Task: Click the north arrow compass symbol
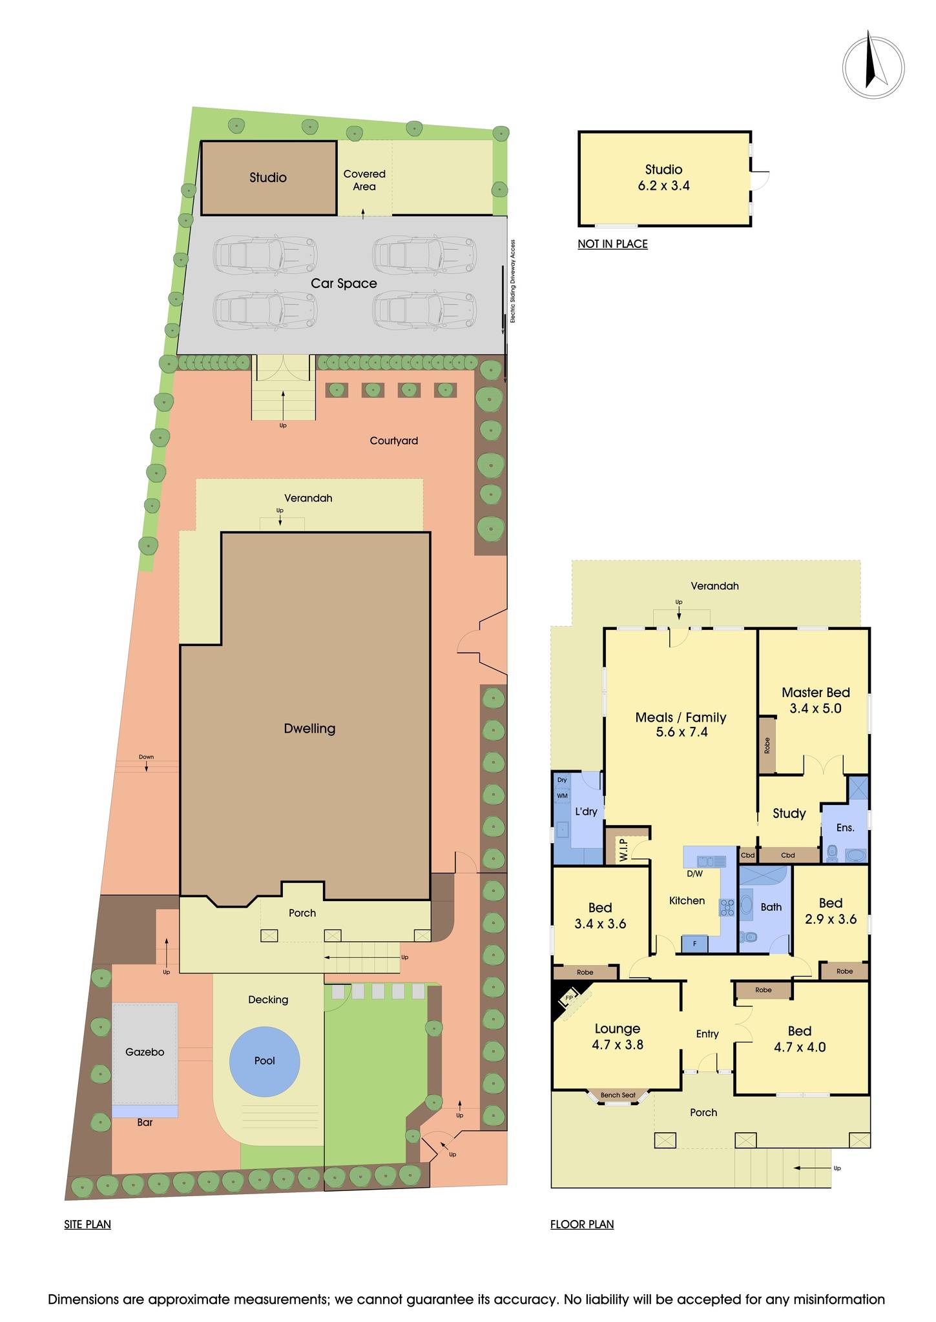pyautogui.click(x=873, y=67)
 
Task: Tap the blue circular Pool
pyautogui.click(x=265, y=1061)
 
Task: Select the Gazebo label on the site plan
pyautogui.click(x=145, y=1052)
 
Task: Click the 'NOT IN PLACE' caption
pyautogui.click(x=612, y=244)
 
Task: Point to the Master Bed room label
pyautogui.click(x=815, y=693)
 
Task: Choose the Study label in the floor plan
pyautogui.click(x=789, y=813)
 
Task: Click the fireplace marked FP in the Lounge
pyautogui.click(x=569, y=997)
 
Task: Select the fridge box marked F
pyautogui.click(x=695, y=944)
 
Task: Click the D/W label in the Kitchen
pyautogui.click(x=694, y=874)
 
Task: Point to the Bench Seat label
pyautogui.click(x=618, y=1095)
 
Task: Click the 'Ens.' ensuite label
pyautogui.click(x=845, y=828)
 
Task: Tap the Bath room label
pyautogui.click(x=771, y=907)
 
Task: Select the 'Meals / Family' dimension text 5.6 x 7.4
pyautogui.click(x=681, y=733)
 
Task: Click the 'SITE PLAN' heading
pyautogui.click(x=87, y=1225)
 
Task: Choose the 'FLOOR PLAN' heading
pyautogui.click(x=582, y=1225)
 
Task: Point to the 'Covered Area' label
pyautogui.click(x=364, y=180)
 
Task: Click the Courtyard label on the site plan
pyautogui.click(x=394, y=441)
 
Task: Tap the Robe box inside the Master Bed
pyautogui.click(x=767, y=746)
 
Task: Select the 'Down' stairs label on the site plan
pyautogui.click(x=146, y=757)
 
